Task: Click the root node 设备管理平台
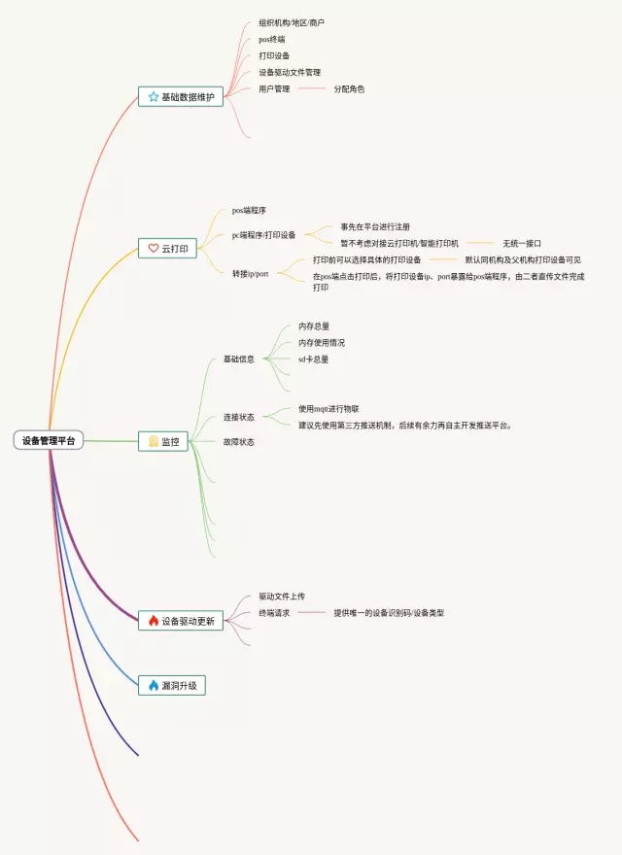click(x=49, y=440)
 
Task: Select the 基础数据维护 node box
click(x=181, y=97)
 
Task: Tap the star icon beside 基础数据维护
click(x=153, y=97)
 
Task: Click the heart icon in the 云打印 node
click(x=153, y=249)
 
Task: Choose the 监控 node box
click(x=162, y=441)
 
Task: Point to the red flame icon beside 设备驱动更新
click(x=153, y=620)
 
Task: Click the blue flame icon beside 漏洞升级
click(x=153, y=685)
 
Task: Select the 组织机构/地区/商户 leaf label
click(x=292, y=22)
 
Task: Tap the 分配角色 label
click(x=349, y=88)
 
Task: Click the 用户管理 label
click(x=274, y=88)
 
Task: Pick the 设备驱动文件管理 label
click(x=290, y=72)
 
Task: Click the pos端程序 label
click(x=249, y=210)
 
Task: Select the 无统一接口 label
click(x=521, y=243)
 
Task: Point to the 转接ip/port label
click(x=250, y=274)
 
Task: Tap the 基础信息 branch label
click(x=238, y=359)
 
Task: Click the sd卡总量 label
click(x=313, y=359)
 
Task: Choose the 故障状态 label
click(x=238, y=442)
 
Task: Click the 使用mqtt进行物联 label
click(x=328, y=409)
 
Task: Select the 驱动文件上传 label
click(x=282, y=597)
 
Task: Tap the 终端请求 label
click(x=274, y=613)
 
